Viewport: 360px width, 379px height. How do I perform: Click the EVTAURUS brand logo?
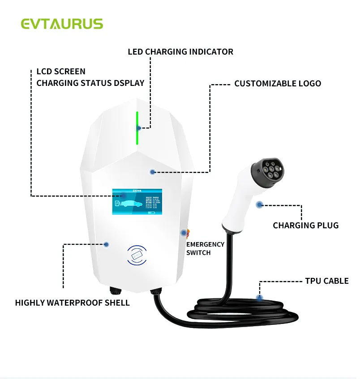click(x=62, y=24)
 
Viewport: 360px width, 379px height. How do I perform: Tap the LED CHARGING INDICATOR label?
click(x=180, y=52)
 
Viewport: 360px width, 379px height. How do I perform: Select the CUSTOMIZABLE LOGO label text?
click(x=278, y=84)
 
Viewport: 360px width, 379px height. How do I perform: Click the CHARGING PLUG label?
click(x=306, y=226)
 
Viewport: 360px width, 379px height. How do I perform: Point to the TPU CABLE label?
click(x=326, y=281)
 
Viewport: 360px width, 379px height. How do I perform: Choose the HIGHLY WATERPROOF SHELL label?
click(x=73, y=303)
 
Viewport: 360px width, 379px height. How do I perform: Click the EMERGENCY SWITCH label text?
click(x=205, y=248)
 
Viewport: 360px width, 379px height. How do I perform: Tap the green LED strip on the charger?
click(x=137, y=128)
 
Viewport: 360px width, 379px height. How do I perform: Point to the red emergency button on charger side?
click(x=184, y=233)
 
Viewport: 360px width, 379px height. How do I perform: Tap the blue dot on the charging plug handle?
click(x=259, y=204)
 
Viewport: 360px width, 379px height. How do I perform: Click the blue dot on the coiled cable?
click(x=259, y=298)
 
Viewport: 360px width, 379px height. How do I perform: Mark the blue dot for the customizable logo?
click(x=153, y=172)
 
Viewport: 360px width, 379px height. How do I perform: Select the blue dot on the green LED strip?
click(x=139, y=128)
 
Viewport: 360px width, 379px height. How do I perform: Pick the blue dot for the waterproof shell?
click(x=106, y=244)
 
